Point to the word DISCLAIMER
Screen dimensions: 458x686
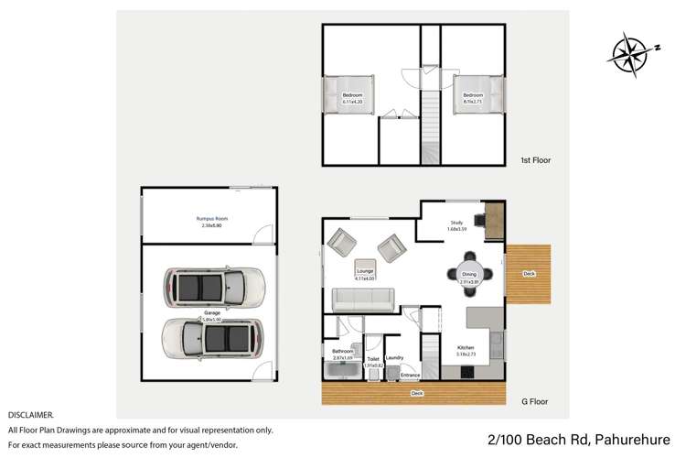click(30, 415)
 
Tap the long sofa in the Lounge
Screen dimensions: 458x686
click(363, 299)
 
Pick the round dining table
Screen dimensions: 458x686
click(469, 273)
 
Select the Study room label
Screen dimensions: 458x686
click(456, 221)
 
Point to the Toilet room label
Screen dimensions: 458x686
click(373, 359)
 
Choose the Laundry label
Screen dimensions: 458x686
click(395, 357)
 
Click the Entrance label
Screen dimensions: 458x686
click(410, 375)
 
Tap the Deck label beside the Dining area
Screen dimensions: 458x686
click(528, 273)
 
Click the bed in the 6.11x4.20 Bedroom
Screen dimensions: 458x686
click(348, 95)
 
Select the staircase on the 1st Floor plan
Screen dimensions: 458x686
click(429, 114)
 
